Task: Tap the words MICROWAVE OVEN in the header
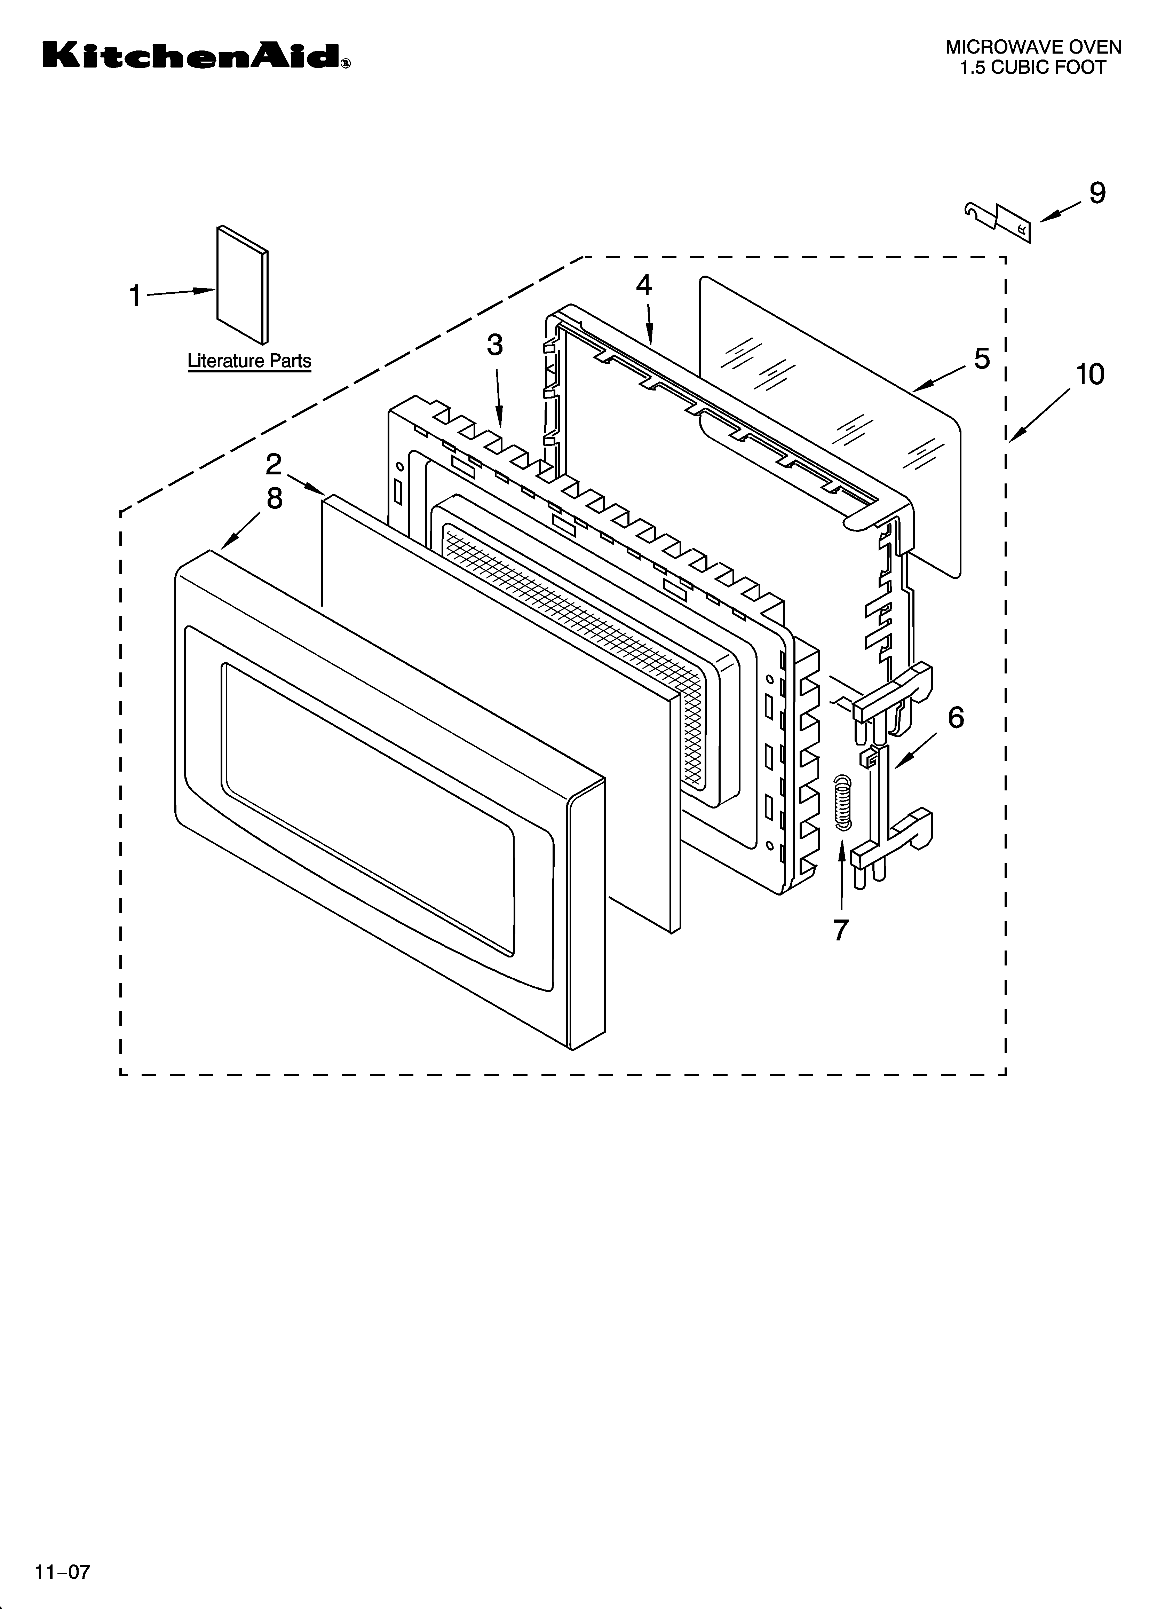[x=1033, y=48]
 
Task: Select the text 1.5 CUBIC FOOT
[x=1033, y=68]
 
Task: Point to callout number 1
[x=135, y=295]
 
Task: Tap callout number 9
[x=1097, y=193]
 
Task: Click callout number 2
[x=274, y=465]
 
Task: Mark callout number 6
[x=956, y=718]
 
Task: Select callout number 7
[x=841, y=929]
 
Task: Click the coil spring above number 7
[x=841, y=799]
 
